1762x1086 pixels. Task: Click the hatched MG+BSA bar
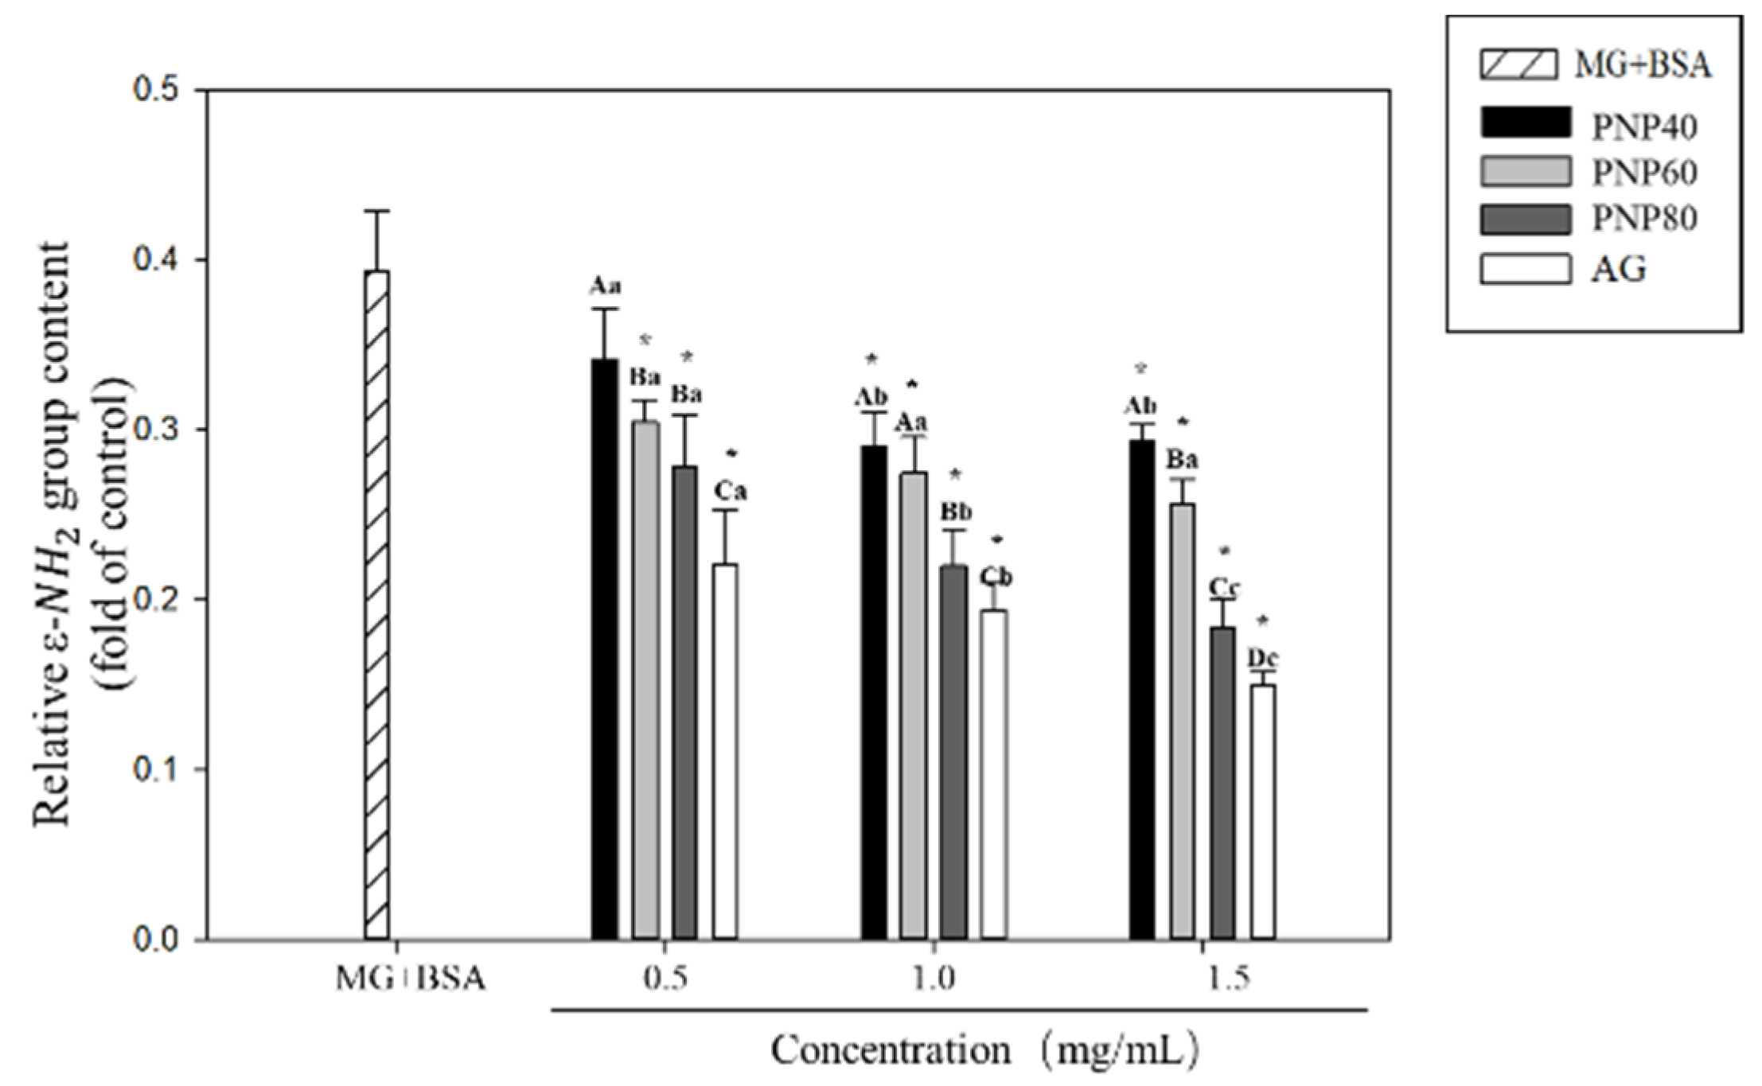coord(376,605)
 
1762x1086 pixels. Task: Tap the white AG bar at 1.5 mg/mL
coord(1262,812)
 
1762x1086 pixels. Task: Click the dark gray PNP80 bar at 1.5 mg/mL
coord(1222,784)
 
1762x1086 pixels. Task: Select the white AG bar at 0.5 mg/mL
coord(724,752)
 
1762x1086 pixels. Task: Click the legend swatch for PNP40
coord(1525,123)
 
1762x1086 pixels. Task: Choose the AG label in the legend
coord(1618,270)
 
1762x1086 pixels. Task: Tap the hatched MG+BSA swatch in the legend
coord(1518,64)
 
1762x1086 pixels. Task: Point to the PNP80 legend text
coord(1643,219)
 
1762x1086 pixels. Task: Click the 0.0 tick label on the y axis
coord(162,940)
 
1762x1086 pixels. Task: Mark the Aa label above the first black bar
coord(605,286)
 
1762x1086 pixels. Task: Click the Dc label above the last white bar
coord(1262,658)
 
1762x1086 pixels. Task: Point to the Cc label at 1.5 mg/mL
coord(1224,587)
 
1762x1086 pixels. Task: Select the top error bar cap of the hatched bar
coord(376,211)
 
